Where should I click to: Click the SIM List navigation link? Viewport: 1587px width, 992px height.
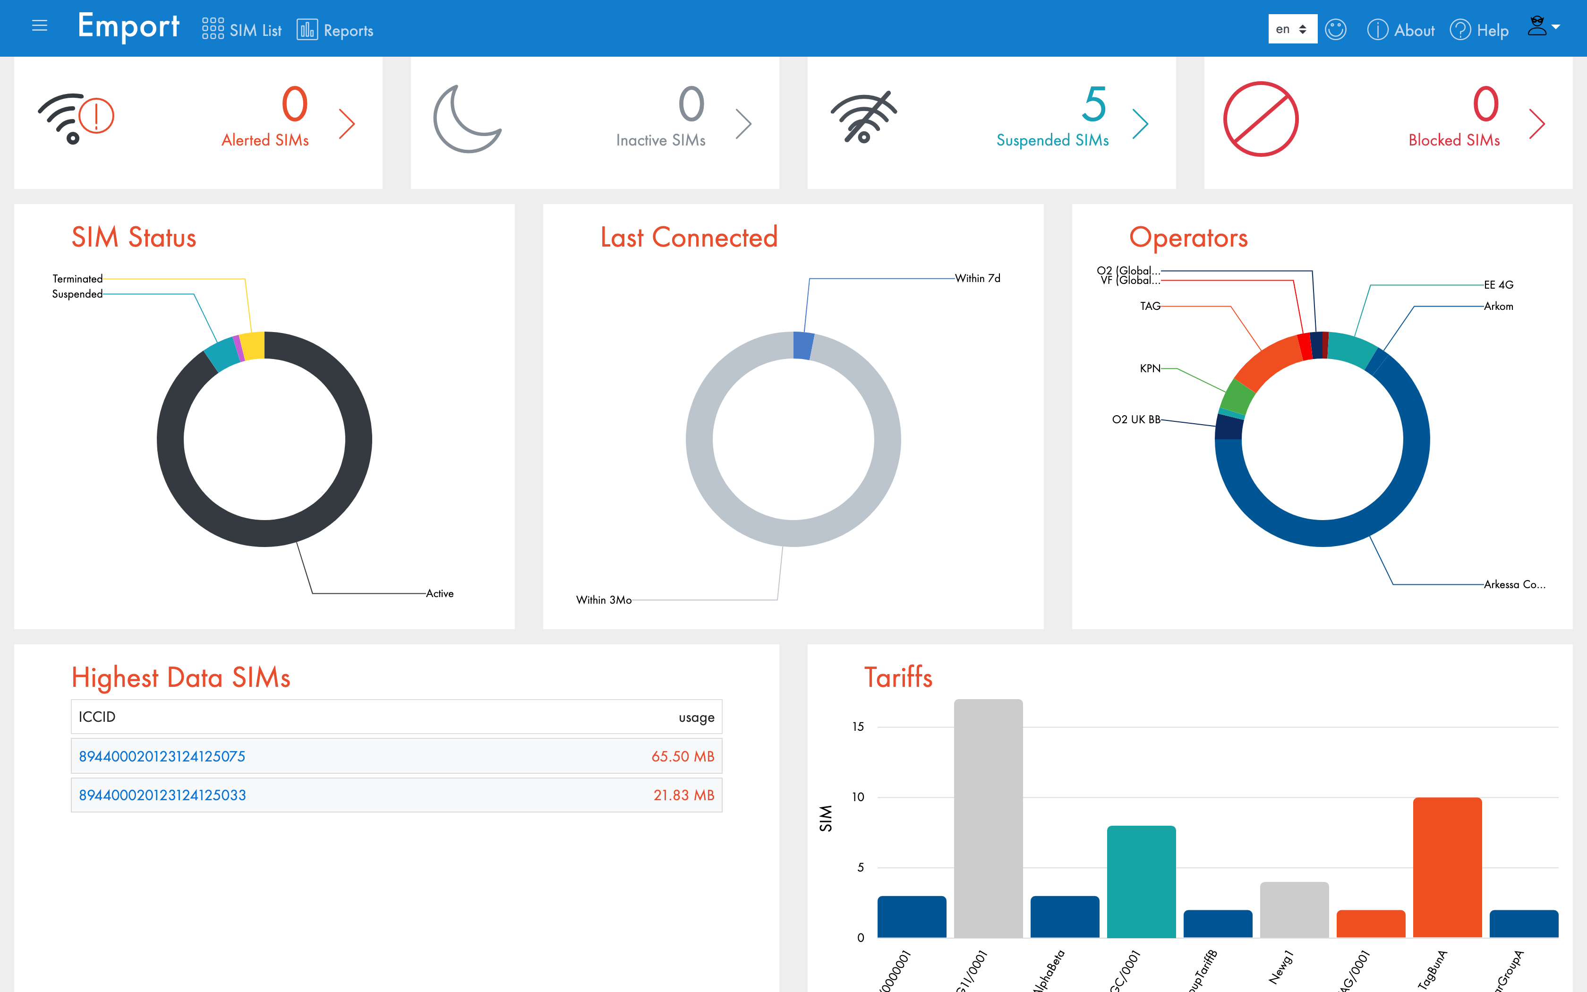pos(242,30)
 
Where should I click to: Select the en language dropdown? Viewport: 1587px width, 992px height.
pos(1292,29)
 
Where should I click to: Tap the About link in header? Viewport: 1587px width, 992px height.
pos(1401,30)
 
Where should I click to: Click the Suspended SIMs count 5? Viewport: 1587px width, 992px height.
pos(1094,104)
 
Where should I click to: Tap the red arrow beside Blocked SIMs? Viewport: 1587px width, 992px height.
pos(1536,123)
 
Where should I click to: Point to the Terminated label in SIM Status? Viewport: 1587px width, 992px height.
pos(77,279)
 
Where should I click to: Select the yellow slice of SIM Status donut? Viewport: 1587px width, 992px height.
pos(253,346)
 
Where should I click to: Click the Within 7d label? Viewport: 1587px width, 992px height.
pos(977,278)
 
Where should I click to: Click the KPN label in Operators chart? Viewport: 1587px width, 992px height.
pos(1150,369)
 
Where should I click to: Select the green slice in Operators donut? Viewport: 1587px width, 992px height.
pos(1237,396)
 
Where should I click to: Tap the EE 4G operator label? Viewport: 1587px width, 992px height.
pos(1499,285)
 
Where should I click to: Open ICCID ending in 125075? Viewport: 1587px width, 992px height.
pos(162,756)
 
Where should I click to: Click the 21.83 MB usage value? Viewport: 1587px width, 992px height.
pos(683,795)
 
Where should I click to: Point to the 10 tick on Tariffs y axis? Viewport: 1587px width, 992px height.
pos(858,797)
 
